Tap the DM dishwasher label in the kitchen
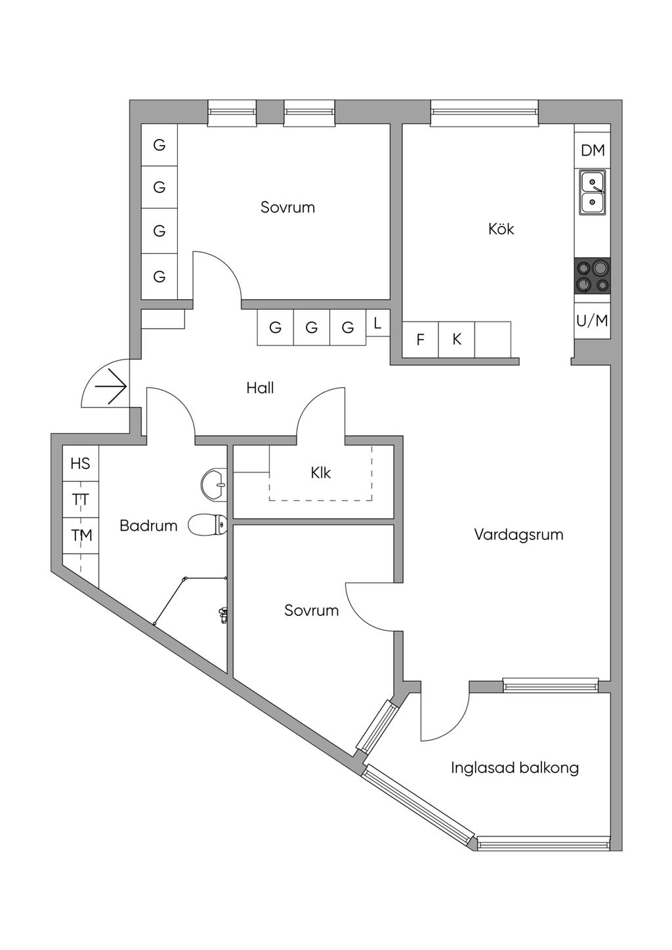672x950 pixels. (x=593, y=150)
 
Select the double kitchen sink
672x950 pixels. (x=592, y=192)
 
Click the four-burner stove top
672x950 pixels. (x=592, y=276)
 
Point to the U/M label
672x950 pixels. (x=592, y=321)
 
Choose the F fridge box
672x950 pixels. (x=420, y=340)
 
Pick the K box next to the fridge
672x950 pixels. (x=457, y=340)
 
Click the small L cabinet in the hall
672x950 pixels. (x=377, y=323)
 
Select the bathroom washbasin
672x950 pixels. (x=213, y=483)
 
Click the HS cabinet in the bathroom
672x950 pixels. (x=80, y=464)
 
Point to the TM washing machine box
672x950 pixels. (x=81, y=535)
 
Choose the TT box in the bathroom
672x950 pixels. (x=80, y=500)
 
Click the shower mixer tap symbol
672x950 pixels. (x=223, y=614)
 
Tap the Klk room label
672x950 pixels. (x=321, y=472)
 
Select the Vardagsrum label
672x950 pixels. (x=518, y=534)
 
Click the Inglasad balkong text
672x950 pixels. (x=514, y=767)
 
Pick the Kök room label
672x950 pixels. (x=501, y=229)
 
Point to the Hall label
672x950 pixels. (x=260, y=388)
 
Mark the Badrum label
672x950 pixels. (x=148, y=526)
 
